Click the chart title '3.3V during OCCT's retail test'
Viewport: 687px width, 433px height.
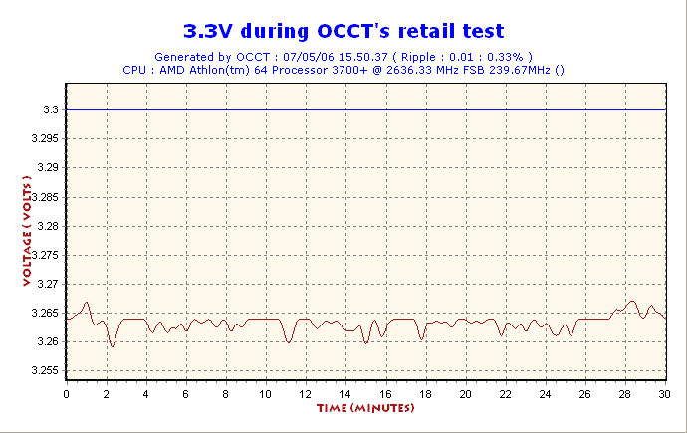(343, 31)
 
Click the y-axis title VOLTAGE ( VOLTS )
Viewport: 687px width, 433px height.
(27, 231)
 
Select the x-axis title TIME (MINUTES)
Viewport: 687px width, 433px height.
(365, 408)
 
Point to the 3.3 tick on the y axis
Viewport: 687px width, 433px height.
(51, 109)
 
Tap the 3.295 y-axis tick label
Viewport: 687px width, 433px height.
(45, 138)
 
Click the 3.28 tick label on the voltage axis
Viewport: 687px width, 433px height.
(48, 226)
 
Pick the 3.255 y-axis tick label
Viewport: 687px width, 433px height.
(45, 371)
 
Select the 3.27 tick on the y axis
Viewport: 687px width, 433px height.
(48, 284)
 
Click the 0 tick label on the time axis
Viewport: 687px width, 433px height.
(66, 394)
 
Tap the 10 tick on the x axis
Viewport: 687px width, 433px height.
(265, 394)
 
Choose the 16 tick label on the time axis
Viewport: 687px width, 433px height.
(385, 394)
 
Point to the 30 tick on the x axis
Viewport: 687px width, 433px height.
(664, 394)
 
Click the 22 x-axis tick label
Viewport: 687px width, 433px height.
(505, 394)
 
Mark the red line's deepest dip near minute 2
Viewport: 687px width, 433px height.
(113, 346)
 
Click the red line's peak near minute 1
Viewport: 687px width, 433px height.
(87, 302)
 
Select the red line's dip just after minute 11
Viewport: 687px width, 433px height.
(289, 342)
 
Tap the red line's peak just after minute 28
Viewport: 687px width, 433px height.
(632, 302)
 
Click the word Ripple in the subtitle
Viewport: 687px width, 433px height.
(418, 57)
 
